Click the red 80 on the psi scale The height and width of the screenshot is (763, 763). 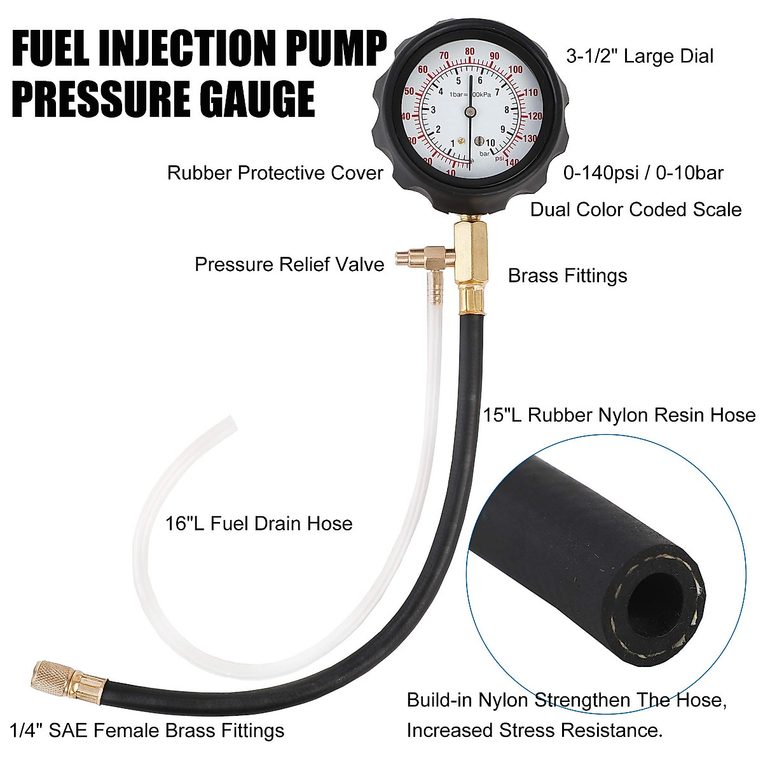[x=470, y=52]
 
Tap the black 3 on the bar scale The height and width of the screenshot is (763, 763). [x=434, y=110]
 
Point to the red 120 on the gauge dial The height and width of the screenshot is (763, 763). [x=535, y=116]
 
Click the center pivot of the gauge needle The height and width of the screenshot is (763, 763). [x=470, y=112]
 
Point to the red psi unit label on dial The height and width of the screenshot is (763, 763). [x=500, y=158]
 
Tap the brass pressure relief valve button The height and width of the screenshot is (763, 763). [x=403, y=258]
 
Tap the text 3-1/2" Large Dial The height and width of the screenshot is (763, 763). [x=640, y=56]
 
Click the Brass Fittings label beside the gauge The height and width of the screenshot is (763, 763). [x=567, y=276]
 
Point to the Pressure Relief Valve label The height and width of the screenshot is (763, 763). [x=289, y=265]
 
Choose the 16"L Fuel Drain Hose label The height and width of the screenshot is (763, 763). [x=259, y=524]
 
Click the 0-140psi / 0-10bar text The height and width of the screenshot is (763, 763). [x=643, y=173]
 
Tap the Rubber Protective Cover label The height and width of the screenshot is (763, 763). [x=275, y=173]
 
